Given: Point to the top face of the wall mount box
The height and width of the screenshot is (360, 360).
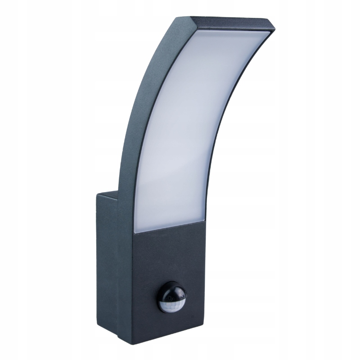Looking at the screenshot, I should pos(110,195).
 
